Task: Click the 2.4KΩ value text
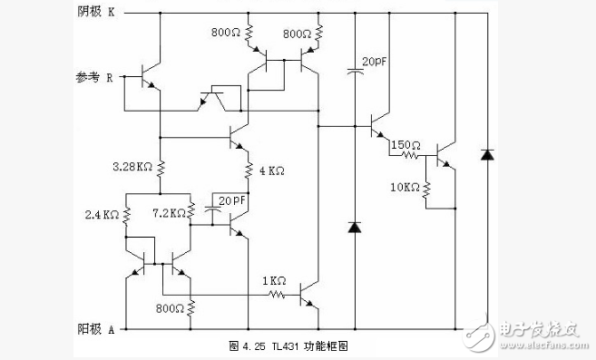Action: click(102, 215)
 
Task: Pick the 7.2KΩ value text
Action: click(171, 213)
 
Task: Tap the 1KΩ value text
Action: click(275, 280)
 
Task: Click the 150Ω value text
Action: click(405, 144)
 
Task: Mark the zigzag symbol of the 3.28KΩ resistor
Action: click(160, 169)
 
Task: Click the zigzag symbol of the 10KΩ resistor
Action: click(426, 189)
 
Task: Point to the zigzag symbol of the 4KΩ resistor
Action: click(247, 170)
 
